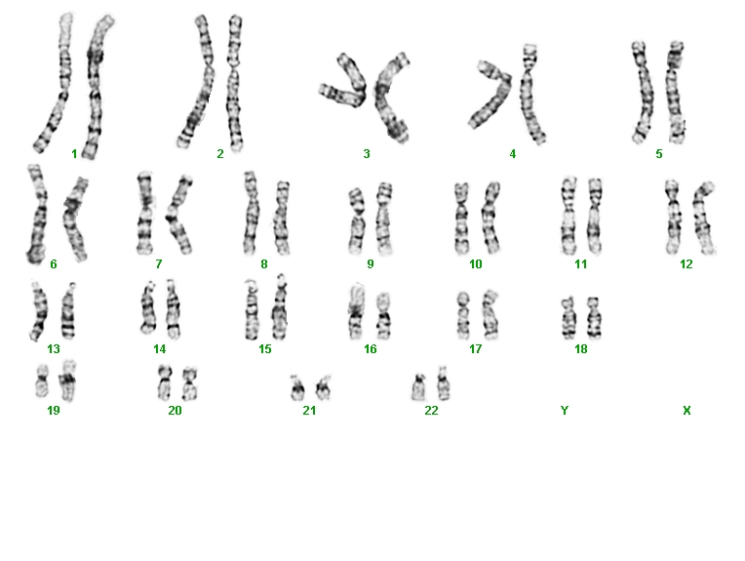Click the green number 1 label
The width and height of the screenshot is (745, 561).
[74, 153]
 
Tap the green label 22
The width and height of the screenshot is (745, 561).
[431, 411]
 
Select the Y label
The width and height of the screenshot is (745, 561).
[564, 411]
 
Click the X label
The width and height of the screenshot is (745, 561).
[686, 411]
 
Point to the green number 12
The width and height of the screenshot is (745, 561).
[686, 263]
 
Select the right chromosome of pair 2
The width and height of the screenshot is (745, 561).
[234, 83]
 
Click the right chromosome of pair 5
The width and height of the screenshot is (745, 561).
[675, 93]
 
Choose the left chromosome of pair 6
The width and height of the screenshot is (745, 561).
[38, 214]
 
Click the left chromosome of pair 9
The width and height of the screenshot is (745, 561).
[356, 221]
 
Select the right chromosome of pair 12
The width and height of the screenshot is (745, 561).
[704, 219]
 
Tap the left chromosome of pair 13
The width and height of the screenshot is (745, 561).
[39, 311]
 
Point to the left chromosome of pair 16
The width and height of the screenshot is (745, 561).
[354, 311]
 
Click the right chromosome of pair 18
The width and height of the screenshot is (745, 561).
[593, 318]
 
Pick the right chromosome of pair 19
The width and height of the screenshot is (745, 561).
[68, 381]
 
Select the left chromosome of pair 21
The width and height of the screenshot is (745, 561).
[297, 387]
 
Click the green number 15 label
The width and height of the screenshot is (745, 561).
[264, 349]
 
